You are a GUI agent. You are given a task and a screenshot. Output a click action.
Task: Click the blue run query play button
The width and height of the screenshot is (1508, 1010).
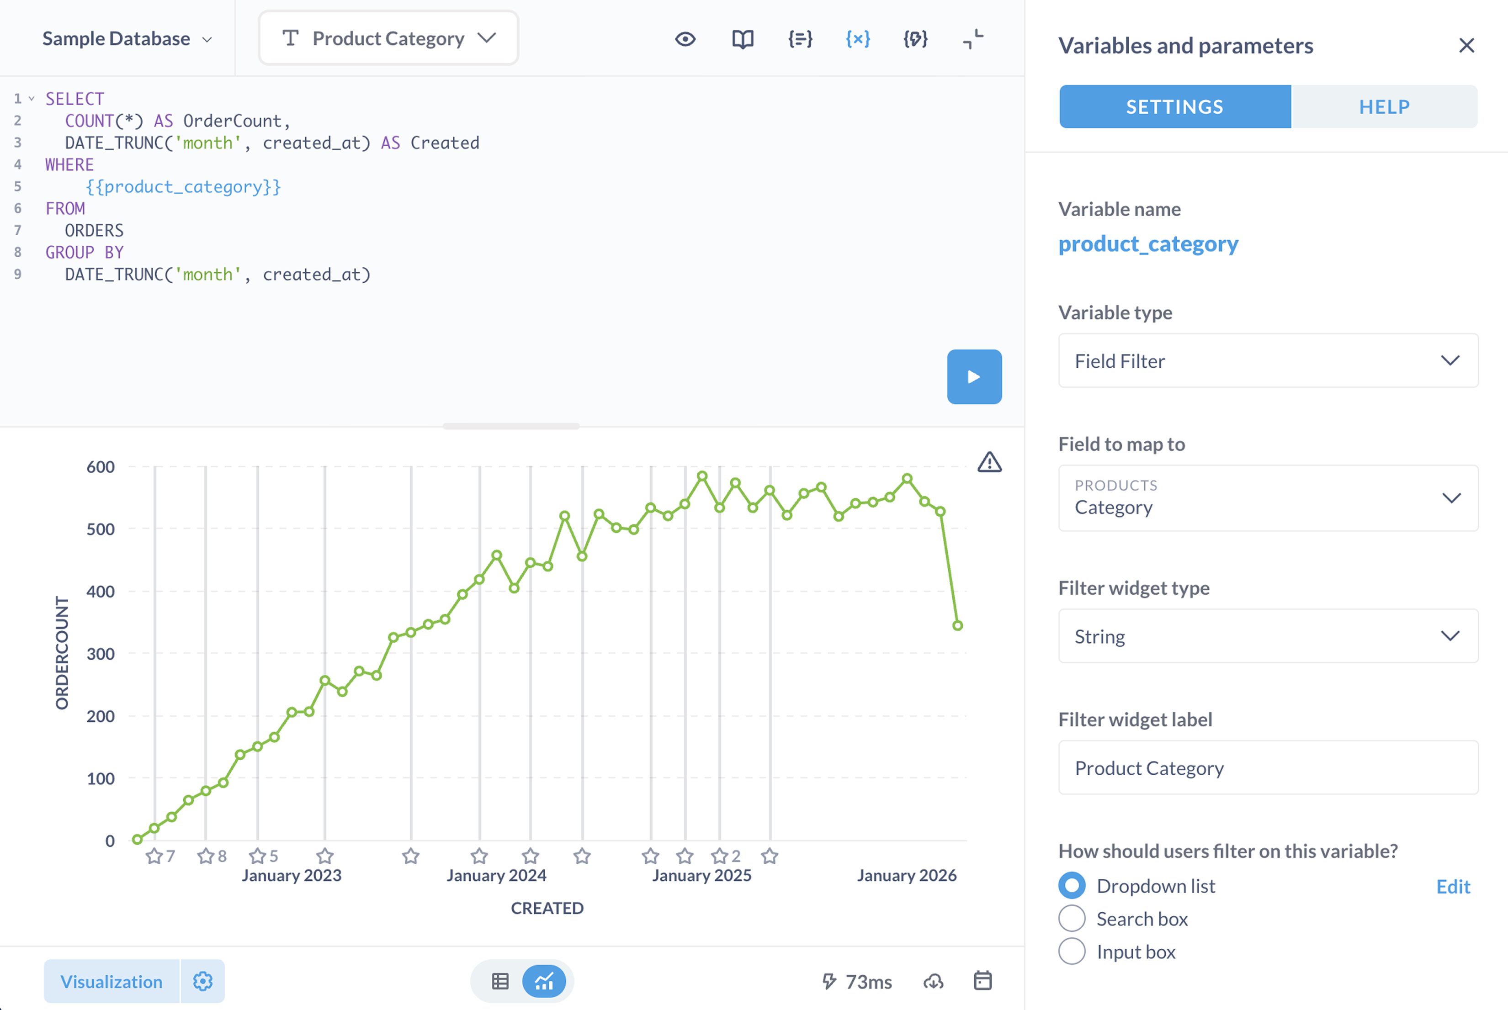click(x=973, y=377)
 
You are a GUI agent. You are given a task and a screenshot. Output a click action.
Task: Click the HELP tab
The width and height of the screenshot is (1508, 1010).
click(x=1384, y=107)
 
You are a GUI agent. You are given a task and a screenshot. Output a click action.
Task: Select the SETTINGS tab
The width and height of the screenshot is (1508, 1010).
click(x=1174, y=107)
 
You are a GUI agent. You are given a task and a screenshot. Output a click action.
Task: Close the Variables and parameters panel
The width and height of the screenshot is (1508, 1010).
click(x=1466, y=46)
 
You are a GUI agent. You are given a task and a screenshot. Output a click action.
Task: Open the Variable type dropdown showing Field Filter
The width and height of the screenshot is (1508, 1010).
click(x=1267, y=361)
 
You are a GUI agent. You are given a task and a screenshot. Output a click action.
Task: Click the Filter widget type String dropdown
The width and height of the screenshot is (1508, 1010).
click(x=1267, y=636)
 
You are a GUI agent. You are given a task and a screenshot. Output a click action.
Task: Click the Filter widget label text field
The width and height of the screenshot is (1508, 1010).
click(x=1267, y=768)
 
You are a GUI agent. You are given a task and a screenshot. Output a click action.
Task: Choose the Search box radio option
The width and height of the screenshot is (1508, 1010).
click(x=1072, y=919)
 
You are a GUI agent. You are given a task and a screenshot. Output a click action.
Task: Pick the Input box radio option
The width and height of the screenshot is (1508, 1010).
click(x=1072, y=952)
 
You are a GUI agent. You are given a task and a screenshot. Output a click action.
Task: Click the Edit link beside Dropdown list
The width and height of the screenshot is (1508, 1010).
click(x=1453, y=887)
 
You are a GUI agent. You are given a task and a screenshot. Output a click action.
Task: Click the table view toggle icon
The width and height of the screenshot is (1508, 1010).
click(x=500, y=981)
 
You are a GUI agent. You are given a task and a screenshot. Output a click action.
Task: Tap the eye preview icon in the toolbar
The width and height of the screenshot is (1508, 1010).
click(x=685, y=39)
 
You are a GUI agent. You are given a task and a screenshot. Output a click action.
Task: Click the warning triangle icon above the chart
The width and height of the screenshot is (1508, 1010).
click(x=989, y=462)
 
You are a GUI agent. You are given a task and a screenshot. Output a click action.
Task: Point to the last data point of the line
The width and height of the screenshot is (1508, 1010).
click(x=957, y=625)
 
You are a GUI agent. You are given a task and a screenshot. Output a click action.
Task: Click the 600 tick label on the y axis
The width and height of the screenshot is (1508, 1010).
click(x=101, y=467)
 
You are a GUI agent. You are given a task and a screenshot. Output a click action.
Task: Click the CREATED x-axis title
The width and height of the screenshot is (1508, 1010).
click(x=547, y=908)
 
